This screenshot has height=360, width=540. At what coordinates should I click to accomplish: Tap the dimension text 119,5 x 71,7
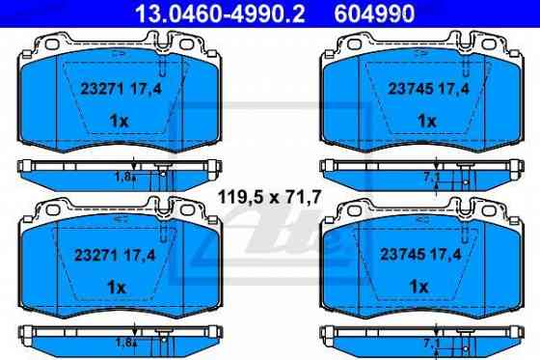[268, 200]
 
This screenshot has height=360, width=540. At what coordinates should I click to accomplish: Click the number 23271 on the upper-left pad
[95, 87]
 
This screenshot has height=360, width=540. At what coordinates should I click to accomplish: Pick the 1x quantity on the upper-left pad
[117, 121]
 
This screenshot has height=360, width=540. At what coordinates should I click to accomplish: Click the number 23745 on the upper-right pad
[394, 87]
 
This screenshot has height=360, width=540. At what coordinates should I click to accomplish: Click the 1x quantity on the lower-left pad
[117, 288]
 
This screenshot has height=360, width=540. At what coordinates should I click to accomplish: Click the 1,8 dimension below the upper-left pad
[121, 177]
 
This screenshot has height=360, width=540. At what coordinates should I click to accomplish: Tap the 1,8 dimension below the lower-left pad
[121, 343]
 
